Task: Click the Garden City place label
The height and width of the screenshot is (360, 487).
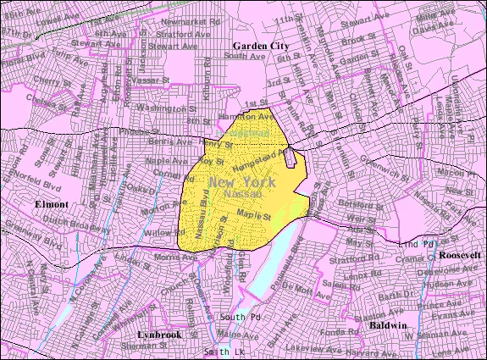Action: (258, 42)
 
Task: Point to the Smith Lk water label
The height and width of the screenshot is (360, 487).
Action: (222, 352)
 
